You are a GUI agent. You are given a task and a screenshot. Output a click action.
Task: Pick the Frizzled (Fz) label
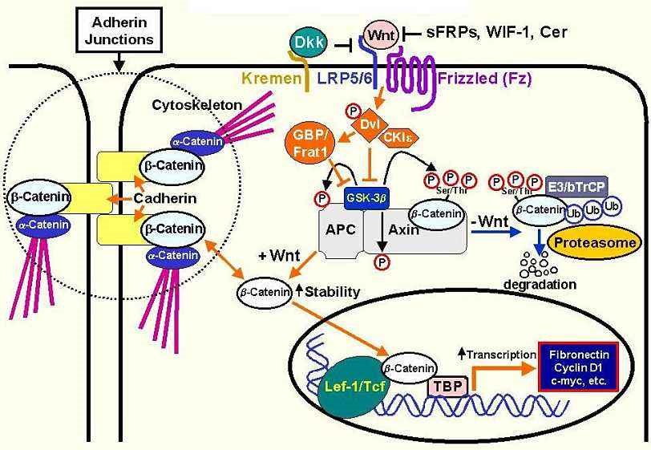pyautogui.click(x=484, y=79)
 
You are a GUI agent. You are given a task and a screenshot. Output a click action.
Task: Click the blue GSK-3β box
pyautogui.click(x=367, y=196)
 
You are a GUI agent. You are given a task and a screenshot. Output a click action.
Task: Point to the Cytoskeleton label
pyautogui.click(x=187, y=106)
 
